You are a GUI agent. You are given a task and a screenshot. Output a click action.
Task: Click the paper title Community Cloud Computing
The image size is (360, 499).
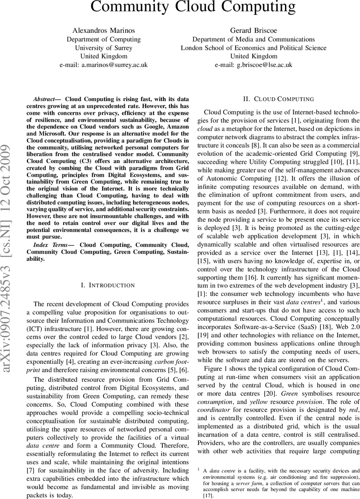(x=193, y=7)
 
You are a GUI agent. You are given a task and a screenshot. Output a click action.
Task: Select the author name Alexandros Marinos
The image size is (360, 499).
(x=104, y=30)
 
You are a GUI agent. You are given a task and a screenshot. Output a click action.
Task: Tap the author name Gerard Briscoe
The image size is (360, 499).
(x=253, y=30)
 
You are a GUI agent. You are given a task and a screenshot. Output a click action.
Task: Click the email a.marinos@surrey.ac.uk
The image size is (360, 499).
(x=104, y=65)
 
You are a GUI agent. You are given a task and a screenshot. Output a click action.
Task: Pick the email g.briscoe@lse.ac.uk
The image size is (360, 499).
(x=253, y=65)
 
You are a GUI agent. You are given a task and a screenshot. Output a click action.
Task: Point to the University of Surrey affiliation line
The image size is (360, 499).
(x=104, y=48)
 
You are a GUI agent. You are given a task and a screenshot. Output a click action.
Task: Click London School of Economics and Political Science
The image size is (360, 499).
(x=253, y=48)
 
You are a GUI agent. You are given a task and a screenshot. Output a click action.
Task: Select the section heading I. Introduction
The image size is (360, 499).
(x=108, y=285)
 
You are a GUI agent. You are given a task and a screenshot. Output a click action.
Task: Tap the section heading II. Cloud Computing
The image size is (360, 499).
(x=278, y=99)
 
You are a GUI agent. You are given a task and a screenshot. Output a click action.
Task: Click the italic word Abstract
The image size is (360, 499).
(x=44, y=99)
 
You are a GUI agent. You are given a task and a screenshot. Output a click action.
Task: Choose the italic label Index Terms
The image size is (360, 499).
(x=47, y=245)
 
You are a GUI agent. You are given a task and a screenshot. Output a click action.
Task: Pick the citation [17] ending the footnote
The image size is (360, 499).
(x=207, y=496)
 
